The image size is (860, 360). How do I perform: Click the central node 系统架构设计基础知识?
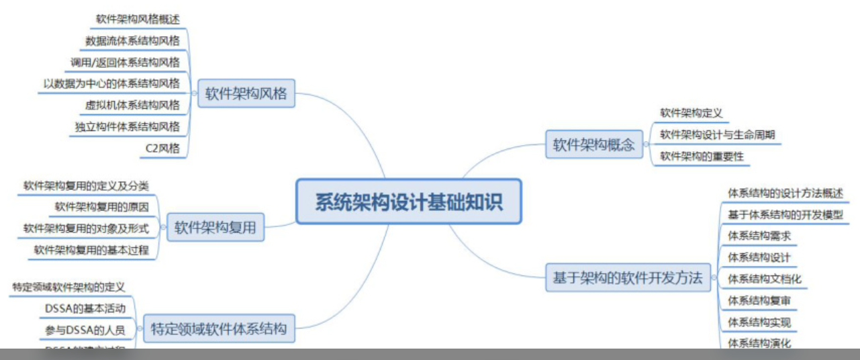pos(408,201)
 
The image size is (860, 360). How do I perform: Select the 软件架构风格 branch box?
pos(246,93)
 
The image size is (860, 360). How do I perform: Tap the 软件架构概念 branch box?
pos(593,144)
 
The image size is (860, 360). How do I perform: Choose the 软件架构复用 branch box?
pos(215,228)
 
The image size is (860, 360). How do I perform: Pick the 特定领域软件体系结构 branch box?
pos(219,328)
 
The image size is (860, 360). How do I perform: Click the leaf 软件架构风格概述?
pos(138,19)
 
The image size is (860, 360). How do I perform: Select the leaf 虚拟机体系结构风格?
pos(132,105)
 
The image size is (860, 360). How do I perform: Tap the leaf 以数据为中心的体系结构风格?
pos(111,83)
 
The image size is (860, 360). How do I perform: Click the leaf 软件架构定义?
pos(691,113)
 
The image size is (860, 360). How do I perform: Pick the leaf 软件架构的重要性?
pos(702,156)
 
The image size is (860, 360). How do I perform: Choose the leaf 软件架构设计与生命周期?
pos(717,134)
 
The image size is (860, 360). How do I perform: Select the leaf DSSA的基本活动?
pos(85,308)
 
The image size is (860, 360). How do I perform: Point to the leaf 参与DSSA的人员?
pos(85,330)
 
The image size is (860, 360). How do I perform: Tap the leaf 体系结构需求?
pos(759,236)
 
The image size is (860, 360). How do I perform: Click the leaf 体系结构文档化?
pos(765,278)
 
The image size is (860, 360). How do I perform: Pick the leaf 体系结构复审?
pos(759,300)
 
